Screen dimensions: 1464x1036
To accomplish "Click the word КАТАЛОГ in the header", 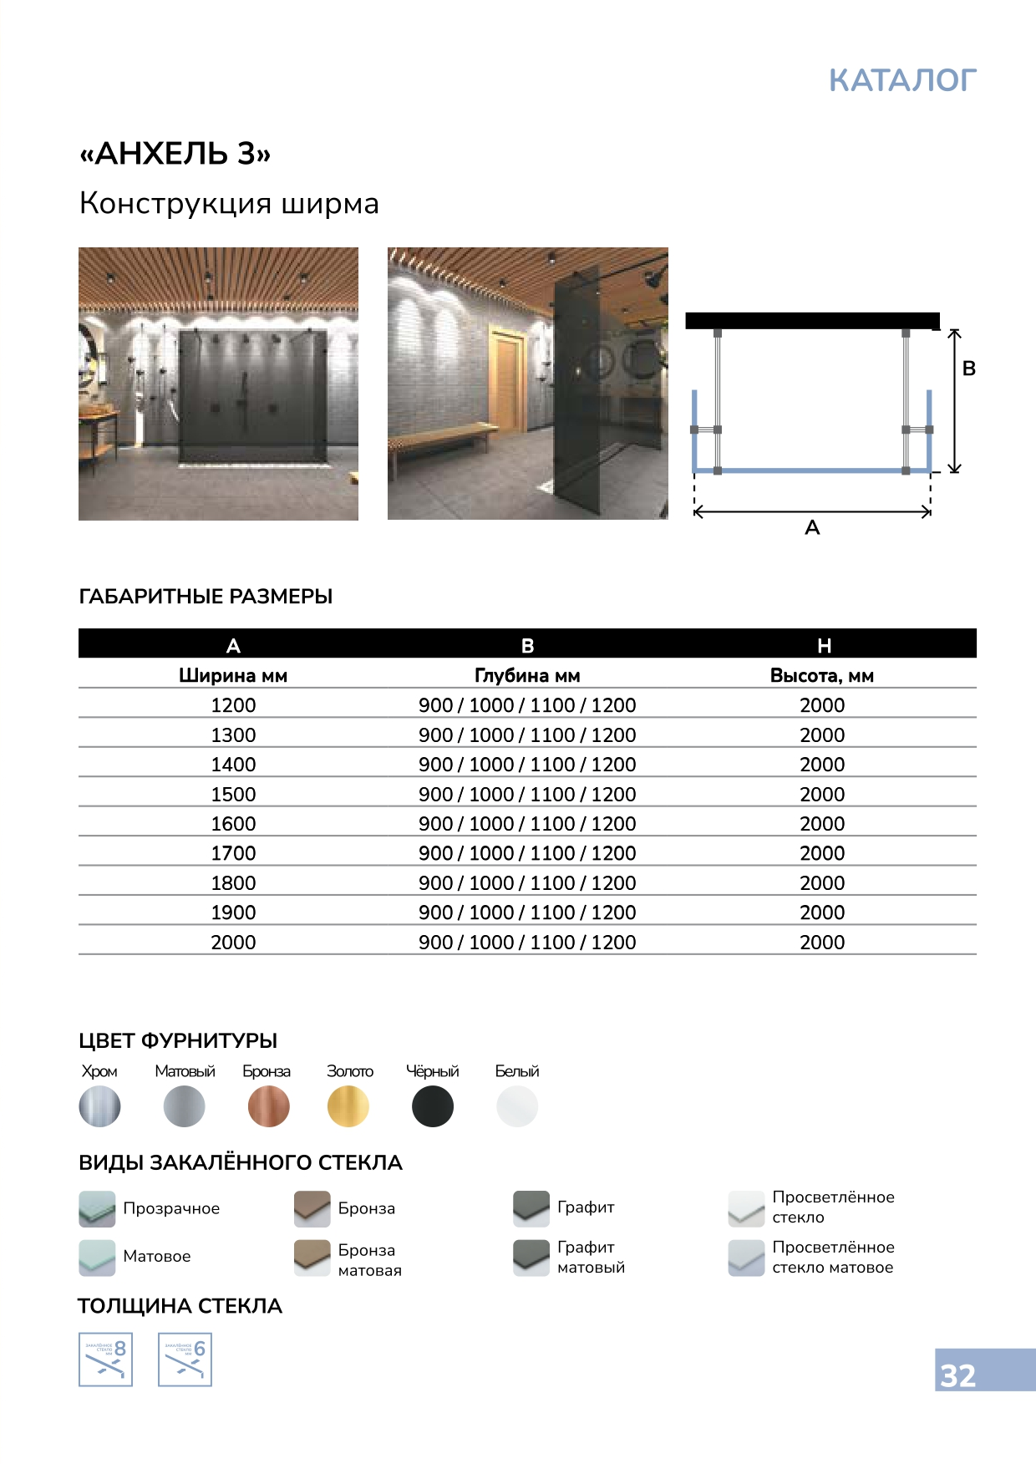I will click(x=902, y=80).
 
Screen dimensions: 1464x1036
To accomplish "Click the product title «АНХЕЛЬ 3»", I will click(x=175, y=154).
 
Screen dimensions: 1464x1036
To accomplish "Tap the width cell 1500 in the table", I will click(x=233, y=794).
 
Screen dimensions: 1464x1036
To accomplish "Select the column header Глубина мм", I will click(x=527, y=675).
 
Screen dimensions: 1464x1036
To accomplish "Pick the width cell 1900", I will click(x=233, y=912).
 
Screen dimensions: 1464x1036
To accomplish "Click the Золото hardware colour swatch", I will click(x=348, y=1106).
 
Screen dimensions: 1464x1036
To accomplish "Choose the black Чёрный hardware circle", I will click(x=433, y=1106).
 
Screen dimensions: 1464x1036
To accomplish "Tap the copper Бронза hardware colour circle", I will click(x=268, y=1106).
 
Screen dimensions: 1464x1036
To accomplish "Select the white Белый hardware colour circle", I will click(x=517, y=1106).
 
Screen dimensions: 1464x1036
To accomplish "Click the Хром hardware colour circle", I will click(x=99, y=1106).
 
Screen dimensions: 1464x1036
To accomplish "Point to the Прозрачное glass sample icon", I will click(x=97, y=1208).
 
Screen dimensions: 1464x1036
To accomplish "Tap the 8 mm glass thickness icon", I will click(x=105, y=1360).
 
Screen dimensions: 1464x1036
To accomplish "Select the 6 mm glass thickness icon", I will click(x=185, y=1360).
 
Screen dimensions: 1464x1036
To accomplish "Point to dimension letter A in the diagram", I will click(x=812, y=528).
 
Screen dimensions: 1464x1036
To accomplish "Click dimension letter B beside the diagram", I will click(x=969, y=369).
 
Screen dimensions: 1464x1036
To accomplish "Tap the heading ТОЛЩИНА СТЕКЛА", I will click(x=180, y=1306).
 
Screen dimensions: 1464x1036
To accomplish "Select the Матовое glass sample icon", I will click(x=97, y=1258).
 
